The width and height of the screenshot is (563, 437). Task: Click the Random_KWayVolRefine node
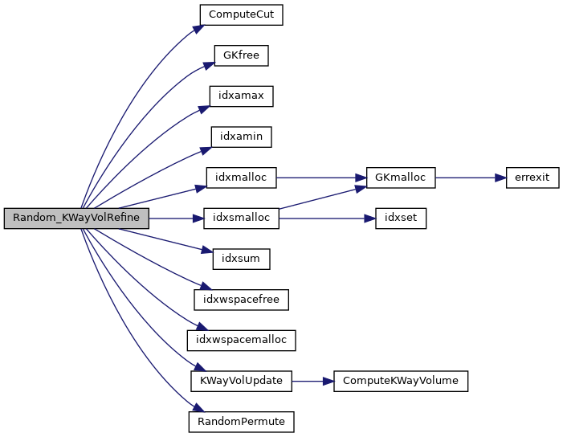[x=76, y=218]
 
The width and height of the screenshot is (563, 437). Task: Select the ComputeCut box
[x=241, y=15]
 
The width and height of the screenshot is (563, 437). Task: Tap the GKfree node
[x=241, y=55]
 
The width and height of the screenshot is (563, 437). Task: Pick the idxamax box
[x=241, y=96]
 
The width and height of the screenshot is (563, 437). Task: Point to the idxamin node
[x=241, y=137]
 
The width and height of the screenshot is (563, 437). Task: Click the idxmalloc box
[x=241, y=178]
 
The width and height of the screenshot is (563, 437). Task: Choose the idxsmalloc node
[x=241, y=218]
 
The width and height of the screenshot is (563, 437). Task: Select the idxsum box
[x=241, y=259]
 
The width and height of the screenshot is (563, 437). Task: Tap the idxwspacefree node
[x=241, y=300]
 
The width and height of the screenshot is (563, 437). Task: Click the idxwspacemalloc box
[x=241, y=340]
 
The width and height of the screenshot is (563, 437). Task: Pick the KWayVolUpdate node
[x=241, y=381]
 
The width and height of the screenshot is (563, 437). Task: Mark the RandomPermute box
[x=241, y=421]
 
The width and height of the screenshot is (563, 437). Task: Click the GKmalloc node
[x=400, y=178]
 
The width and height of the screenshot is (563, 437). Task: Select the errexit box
[x=532, y=178]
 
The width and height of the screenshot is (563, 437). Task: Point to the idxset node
[x=400, y=218]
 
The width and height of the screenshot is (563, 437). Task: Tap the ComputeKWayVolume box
[x=400, y=381]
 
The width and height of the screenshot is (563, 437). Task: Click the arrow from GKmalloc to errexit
[x=470, y=178]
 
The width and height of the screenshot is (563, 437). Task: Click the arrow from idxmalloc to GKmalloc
[x=321, y=178]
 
